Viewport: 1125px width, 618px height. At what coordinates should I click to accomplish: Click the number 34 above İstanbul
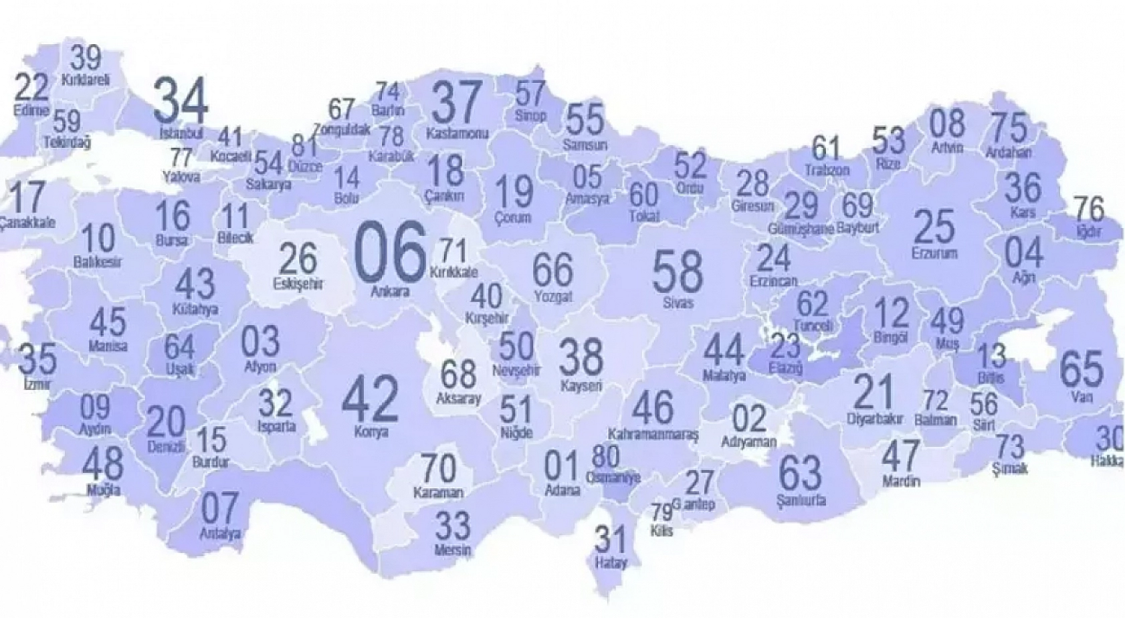pos(181,102)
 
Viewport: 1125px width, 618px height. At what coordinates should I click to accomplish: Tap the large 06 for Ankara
pos(390,252)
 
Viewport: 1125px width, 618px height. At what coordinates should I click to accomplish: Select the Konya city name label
pos(371,432)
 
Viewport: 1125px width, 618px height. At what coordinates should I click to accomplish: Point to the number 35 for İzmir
pos(37,360)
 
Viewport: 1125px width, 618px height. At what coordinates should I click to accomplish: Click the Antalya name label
pos(219,534)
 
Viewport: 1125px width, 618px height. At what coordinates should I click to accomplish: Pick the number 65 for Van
pos(1082,369)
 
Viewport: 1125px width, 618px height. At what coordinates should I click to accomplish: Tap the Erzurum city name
pos(934,253)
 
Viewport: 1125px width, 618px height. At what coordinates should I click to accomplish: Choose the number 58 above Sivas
pos(677,271)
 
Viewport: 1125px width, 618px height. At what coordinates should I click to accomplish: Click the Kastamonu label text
pos(457,134)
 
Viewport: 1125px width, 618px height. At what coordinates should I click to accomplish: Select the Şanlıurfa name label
pos(801,500)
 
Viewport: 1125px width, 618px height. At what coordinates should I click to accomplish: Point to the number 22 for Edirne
pos(31,88)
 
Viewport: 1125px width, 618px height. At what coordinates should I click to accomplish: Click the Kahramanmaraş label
pos(653,433)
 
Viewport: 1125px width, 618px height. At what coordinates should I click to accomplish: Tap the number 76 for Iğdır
pos(1088,209)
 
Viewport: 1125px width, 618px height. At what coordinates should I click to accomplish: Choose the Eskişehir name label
pos(298,284)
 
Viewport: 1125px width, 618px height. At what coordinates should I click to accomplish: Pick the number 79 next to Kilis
pos(661,513)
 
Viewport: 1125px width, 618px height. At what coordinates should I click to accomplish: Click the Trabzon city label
pos(827,170)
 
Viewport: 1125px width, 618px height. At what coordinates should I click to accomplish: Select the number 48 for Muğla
pos(104,463)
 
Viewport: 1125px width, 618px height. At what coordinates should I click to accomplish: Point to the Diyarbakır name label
pos(875,419)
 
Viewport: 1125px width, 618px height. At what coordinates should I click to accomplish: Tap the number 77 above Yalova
pos(181,159)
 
